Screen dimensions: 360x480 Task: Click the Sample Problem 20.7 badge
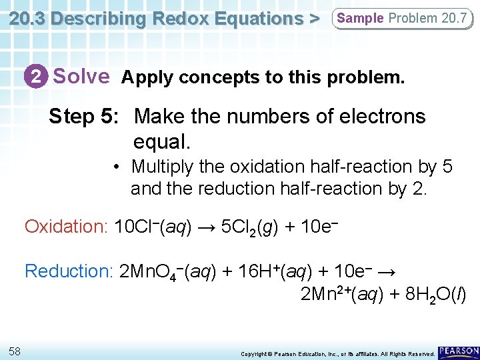click(x=402, y=18)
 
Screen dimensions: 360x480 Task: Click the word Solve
click(x=81, y=77)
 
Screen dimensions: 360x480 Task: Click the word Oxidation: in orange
click(x=66, y=227)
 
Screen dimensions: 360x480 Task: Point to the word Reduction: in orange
click(x=68, y=271)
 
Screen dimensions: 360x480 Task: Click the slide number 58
click(x=15, y=351)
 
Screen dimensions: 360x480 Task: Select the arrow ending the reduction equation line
click(x=392, y=271)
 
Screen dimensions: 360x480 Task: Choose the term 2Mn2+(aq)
click(x=341, y=295)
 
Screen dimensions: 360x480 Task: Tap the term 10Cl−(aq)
click(x=153, y=227)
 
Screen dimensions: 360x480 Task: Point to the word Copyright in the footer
click(x=254, y=353)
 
